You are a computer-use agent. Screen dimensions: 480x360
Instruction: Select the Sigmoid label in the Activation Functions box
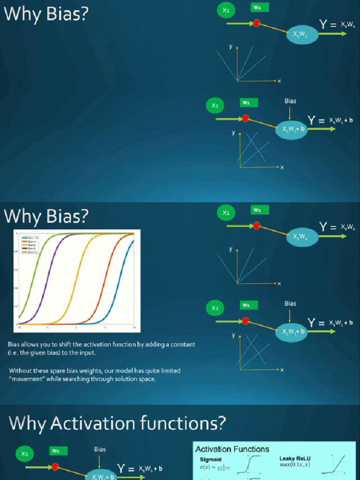pyautogui.click(x=210, y=460)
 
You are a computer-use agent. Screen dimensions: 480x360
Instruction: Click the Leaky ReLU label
pyautogui.click(x=295, y=458)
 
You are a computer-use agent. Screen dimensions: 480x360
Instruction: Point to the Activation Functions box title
pyautogui.click(x=232, y=449)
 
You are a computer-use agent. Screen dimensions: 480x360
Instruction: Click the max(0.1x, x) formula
pyautogui.click(x=295, y=465)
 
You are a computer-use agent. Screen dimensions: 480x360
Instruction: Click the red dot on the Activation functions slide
pyautogui.click(x=55, y=467)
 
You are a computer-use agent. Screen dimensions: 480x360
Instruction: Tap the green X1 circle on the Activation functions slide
pyautogui.click(x=25, y=453)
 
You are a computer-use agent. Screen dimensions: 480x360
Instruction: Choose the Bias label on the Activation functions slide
pyautogui.click(x=100, y=449)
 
